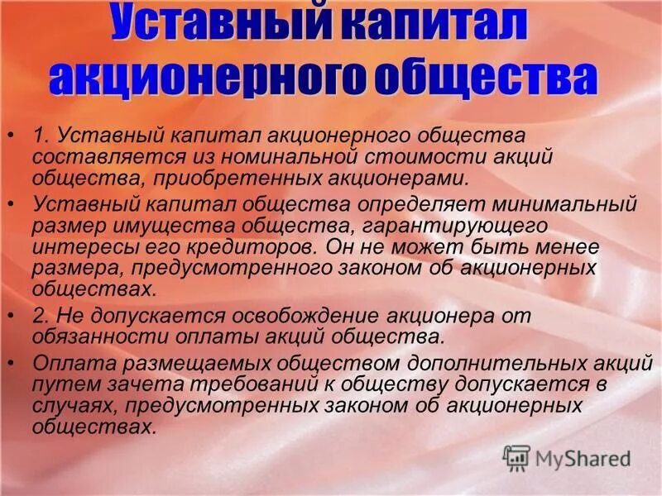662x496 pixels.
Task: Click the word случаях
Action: point(67,407)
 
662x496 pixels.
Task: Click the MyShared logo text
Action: point(584,457)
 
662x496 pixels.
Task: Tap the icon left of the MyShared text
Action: point(517,457)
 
